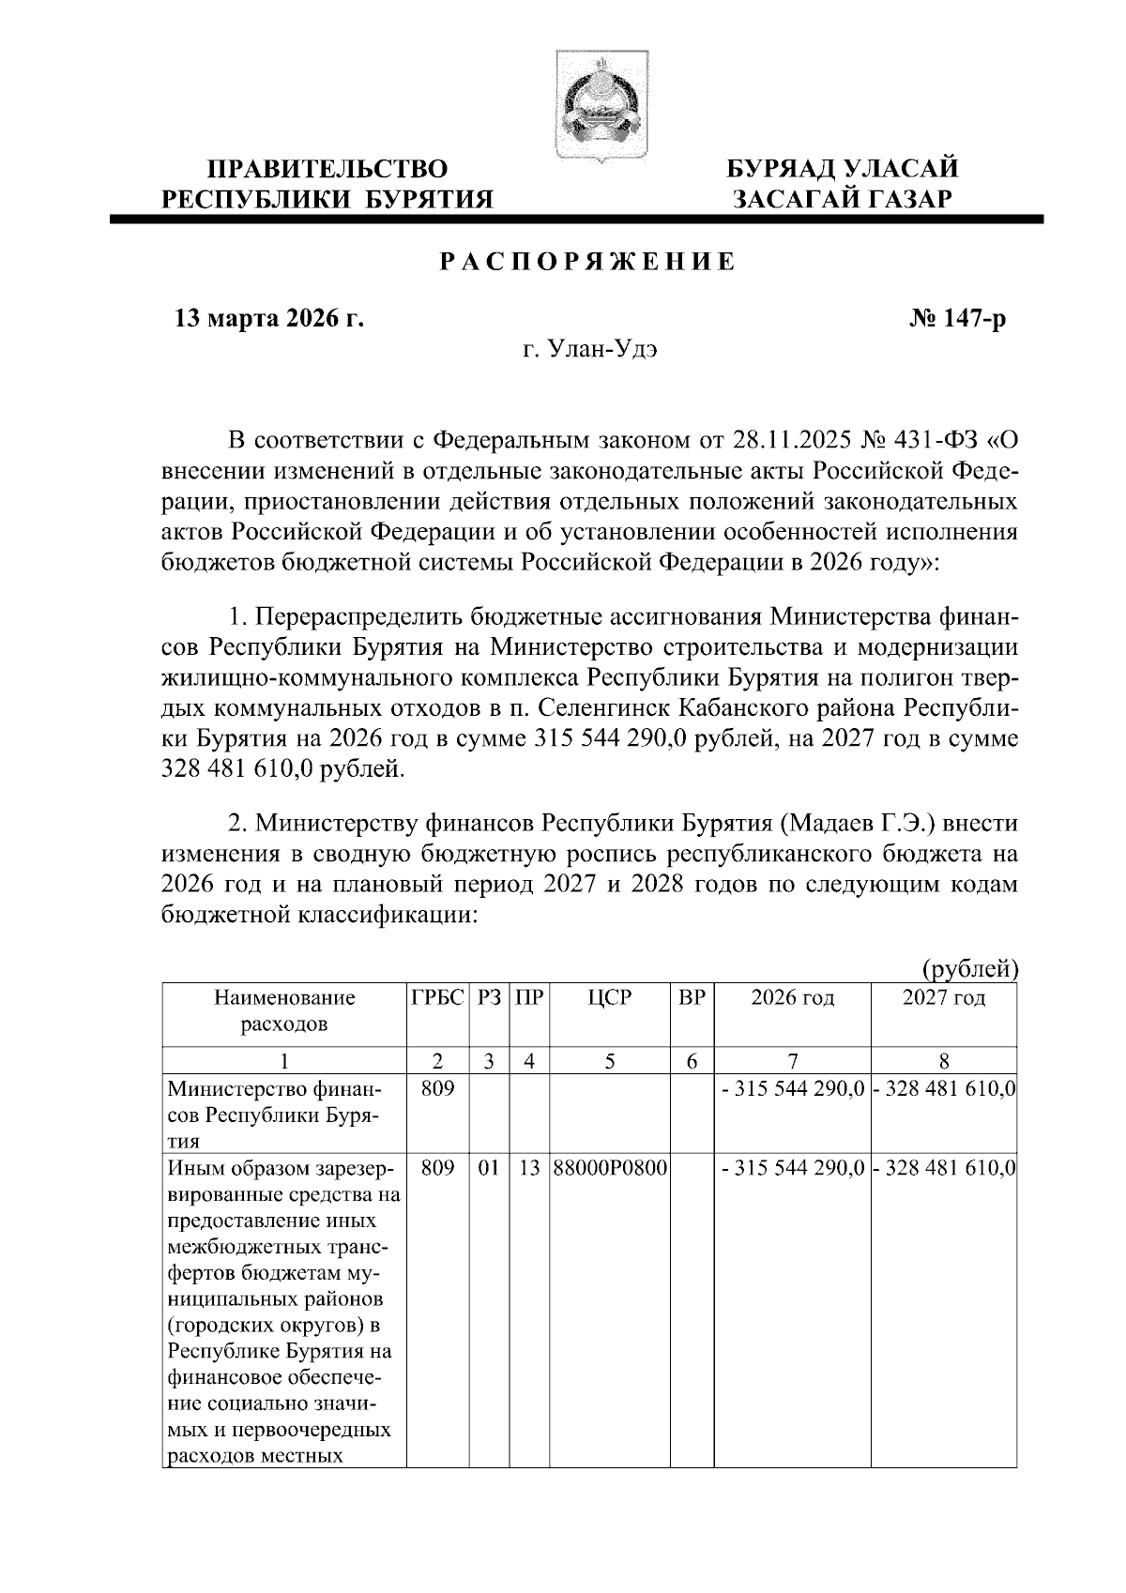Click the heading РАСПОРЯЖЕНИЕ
[588, 263]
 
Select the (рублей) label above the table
[969, 967]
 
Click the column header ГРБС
[437, 998]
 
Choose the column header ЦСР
[609, 998]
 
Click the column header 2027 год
[944, 998]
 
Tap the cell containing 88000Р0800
[609, 1170]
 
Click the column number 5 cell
[609, 1061]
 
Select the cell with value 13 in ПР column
[529, 1170]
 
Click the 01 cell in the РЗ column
[488, 1170]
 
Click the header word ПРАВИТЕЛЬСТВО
[327, 170]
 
